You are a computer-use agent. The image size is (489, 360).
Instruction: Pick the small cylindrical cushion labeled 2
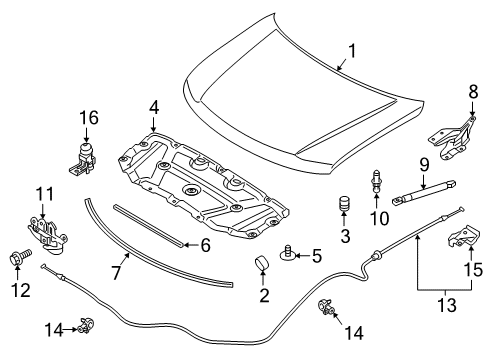pos(264,265)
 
